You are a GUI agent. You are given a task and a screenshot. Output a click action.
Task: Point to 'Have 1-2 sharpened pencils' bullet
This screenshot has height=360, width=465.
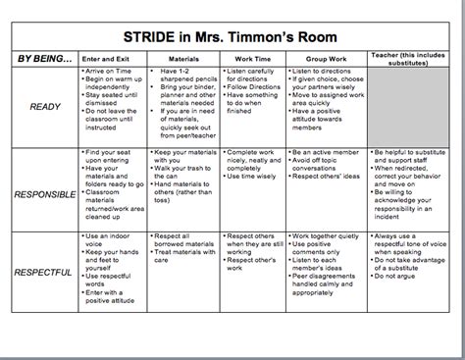(192, 77)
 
